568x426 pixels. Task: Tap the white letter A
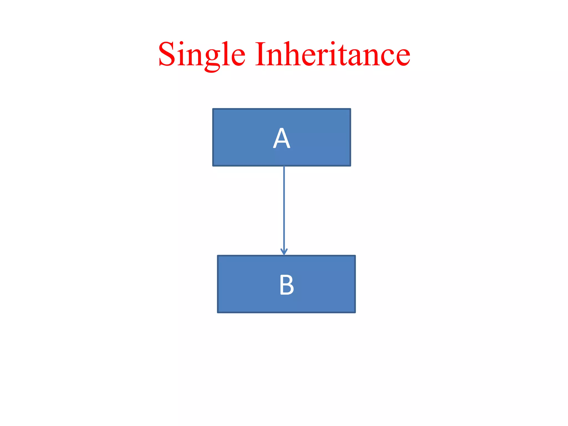click(282, 138)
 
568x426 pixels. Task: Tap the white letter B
click(286, 285)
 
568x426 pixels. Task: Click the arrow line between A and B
click(284, 208)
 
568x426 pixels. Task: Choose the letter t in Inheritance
click(341, 55)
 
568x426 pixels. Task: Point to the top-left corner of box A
click(213, 109)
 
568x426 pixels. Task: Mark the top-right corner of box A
click(351, 109)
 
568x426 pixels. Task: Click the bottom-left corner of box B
click(218, 312)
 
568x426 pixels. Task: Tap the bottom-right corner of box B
click(355, 312)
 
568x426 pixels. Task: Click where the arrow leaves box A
click(284, 166)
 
